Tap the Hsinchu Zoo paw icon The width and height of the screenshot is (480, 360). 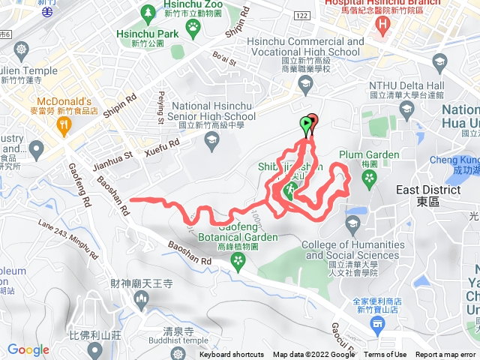coord(193,27)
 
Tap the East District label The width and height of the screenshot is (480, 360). coord(419,191)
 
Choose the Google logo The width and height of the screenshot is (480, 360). coord(28,349)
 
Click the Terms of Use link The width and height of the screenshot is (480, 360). coord(385,355)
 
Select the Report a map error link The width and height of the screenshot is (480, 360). coord(445,355)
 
